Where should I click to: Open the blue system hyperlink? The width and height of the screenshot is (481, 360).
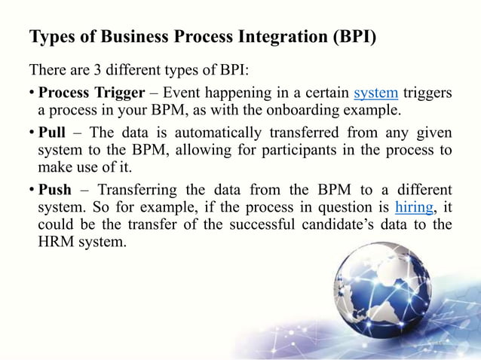point(376,93)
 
